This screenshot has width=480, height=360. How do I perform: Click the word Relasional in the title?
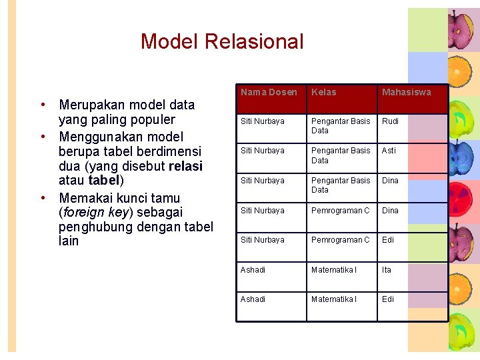(x=254, y=41)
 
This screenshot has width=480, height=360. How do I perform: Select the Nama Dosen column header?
(x=269, y=92)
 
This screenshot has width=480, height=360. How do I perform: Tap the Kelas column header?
(x=324, y=92)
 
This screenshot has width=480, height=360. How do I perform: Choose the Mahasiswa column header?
(x=406, y=92)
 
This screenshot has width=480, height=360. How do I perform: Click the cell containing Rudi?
(x=390, y=121)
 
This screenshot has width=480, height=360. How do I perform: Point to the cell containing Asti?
(x=389, y=151)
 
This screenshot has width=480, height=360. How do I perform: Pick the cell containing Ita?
(x=387, y=269)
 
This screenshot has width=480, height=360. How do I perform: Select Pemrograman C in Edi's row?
(x=340, y=240)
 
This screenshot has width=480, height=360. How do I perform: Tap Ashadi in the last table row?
(x=253, y=299)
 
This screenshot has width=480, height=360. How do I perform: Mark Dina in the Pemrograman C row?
(x=390, y=211)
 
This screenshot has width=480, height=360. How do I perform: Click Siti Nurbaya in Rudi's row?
(x=262, y=121)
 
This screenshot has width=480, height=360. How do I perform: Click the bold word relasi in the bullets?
(x=186, y=166)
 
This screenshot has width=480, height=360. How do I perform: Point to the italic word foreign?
(x=84, y=213)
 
